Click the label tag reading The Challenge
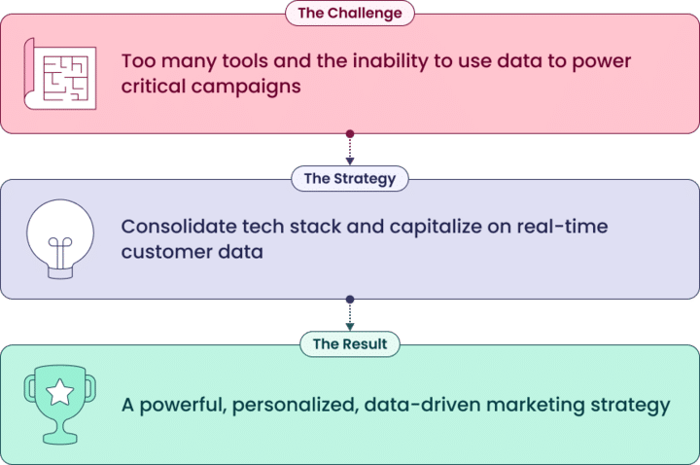pyautogui.click(x=349, y=13)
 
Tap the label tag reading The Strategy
pyautogui.click(x=349, y=178)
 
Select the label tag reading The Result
pyautogui.click(x=350, y=343)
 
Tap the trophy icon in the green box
pyautogui.click(x=60, y=403)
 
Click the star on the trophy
pyautogui.click(x=60, y=392)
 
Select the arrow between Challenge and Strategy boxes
pyautogui.click(x=350, y=149)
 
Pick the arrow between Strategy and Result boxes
pyautogui.click(x=350, y=314)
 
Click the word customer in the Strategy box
pyautogui.click(x=163, y=252)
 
